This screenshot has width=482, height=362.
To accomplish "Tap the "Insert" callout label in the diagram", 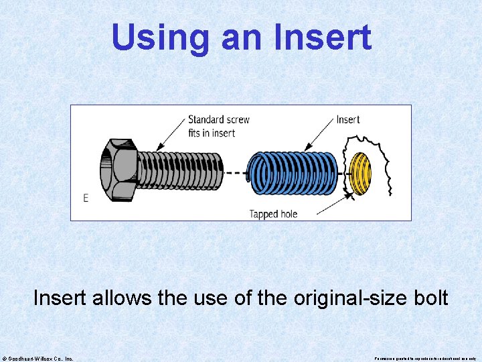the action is (347, 119).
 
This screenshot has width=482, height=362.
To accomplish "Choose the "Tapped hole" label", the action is (273, 215).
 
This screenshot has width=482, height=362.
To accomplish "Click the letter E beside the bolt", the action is (86, 198).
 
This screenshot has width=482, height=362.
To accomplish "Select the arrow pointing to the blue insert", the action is (319, 134).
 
